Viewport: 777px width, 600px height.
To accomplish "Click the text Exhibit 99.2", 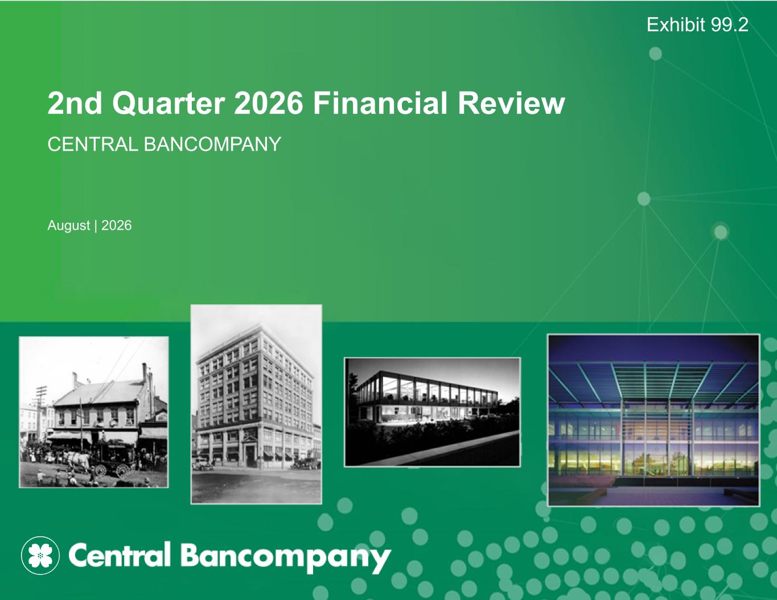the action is click(x=697, y=24).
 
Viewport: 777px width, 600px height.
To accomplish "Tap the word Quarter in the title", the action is click(x=168, y=104).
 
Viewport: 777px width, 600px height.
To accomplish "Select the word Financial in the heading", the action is click(x=380, y=103).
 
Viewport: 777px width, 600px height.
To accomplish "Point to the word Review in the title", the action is click(x=511, y=103).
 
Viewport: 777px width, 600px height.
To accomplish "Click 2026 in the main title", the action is click(x=269, y=103).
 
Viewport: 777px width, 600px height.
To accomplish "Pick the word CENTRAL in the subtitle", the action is click(x=93, y=144).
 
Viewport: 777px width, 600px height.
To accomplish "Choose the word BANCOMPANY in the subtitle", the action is click(x=212, y=144).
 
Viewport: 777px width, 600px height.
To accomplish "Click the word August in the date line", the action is click(x=69, y=226).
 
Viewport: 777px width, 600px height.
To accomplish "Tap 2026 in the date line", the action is click(x=117, y=225).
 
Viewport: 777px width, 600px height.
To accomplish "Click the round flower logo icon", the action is click(x=40, y=556).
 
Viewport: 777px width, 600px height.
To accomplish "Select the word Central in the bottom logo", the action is click(x=119, y=554).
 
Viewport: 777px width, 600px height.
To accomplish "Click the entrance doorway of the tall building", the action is click(x=250, y=453).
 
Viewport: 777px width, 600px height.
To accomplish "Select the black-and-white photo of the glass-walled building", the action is click(x=432, y=412).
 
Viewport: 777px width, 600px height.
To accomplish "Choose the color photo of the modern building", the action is click(x=653, y=420).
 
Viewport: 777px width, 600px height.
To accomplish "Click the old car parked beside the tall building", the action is click(x=202, y=464).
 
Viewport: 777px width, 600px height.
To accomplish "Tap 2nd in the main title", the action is click(x=75, y=103).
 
